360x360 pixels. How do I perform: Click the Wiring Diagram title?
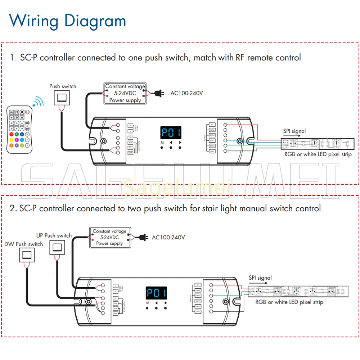pos(67,21)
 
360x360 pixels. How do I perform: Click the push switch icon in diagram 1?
pos(62,98)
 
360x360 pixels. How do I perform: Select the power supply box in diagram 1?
pos(125,93)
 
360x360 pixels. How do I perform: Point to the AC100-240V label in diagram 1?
pos(186,93)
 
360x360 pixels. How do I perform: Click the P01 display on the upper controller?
pos(171,133)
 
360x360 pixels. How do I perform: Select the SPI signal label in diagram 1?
pos(294,131)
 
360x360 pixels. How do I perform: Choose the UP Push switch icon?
pos(58,247)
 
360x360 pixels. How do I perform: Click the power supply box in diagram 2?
pos(109,237)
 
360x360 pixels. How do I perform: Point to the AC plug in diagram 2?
pos(143,237)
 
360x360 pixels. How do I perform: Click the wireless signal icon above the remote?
pos(38,101)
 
